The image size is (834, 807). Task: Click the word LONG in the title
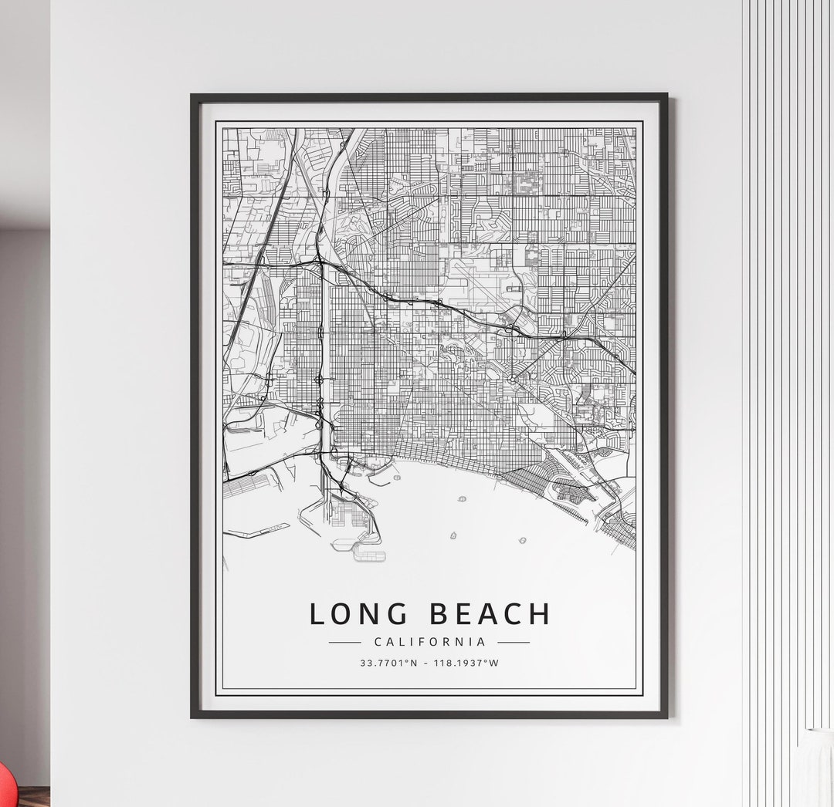pos(358,614)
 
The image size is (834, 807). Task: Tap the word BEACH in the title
pos(490,614)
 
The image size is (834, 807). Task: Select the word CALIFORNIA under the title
pos(429,642)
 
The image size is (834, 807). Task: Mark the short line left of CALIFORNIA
pos(344,642)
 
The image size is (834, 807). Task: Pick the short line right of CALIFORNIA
pos(514,642)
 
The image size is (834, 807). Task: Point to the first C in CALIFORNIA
pos(377,642)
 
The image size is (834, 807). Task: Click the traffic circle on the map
pos(512,379)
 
